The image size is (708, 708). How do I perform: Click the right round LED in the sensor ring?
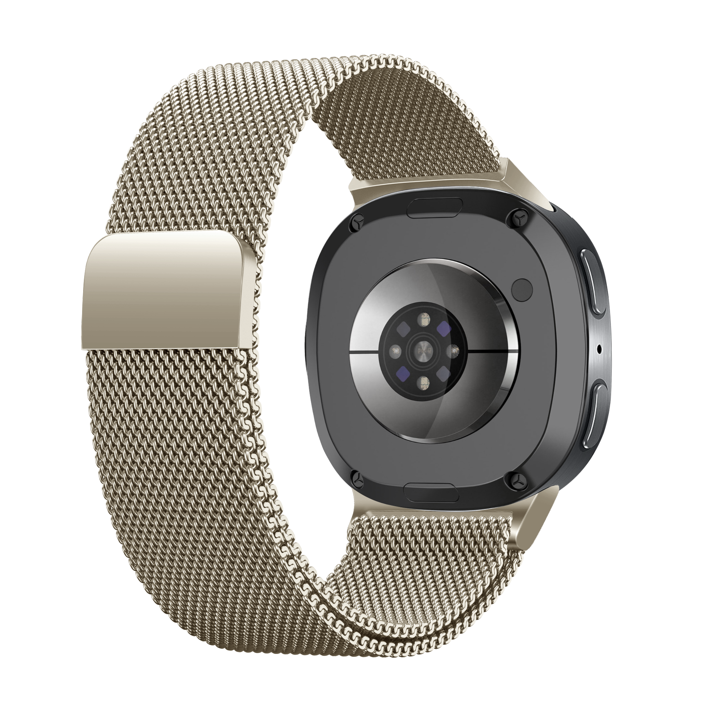click(454, 351)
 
